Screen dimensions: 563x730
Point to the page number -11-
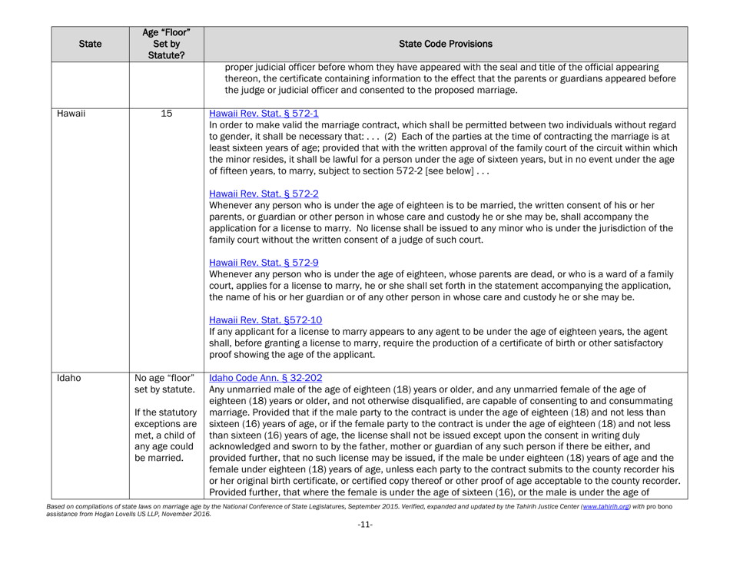(365, 550)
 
